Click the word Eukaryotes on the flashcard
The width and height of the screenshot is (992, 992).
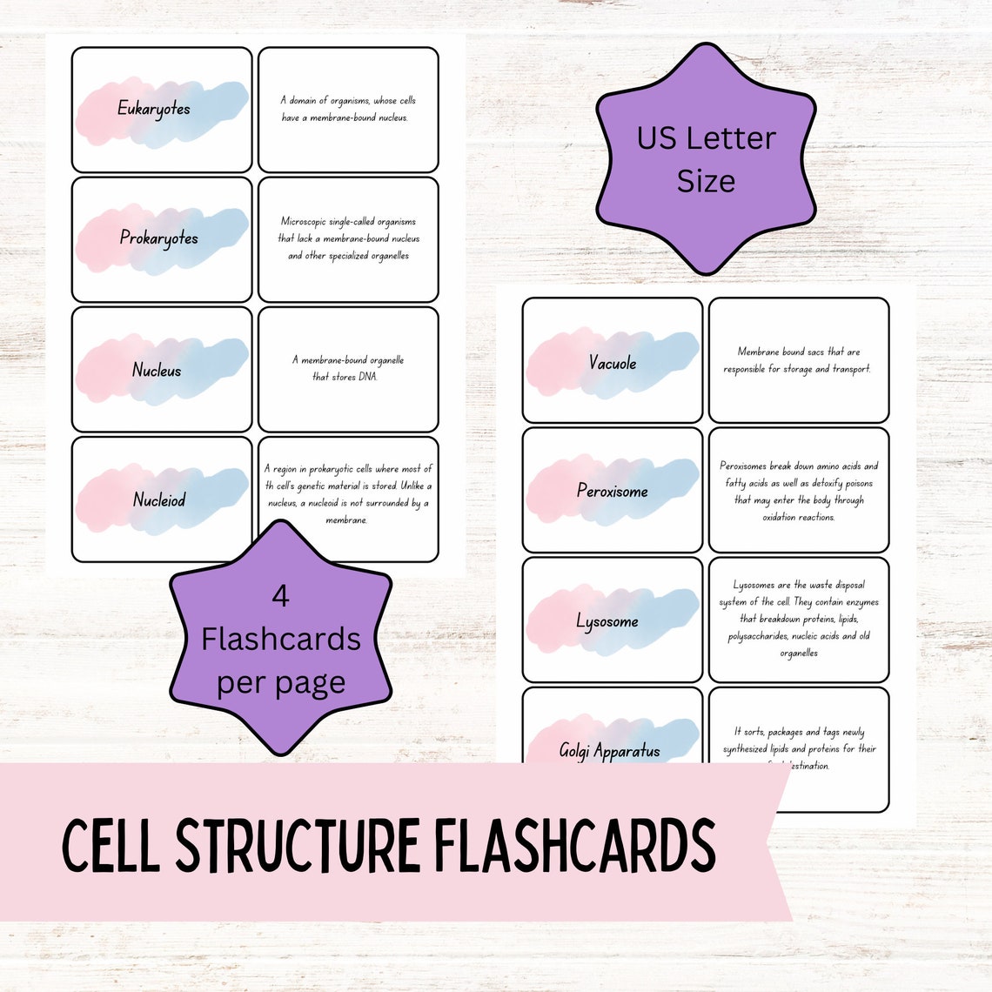(154, 110)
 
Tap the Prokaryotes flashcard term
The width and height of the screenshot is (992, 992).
(159, 238)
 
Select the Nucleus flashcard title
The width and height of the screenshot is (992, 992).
(157, 370)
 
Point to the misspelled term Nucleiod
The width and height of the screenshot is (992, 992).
(159, 499)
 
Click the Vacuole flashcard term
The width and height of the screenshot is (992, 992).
(613, 363)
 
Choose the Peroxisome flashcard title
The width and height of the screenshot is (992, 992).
(613, 492)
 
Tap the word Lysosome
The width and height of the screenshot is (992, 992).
(607, 621)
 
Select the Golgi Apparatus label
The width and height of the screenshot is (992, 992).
(609, 750)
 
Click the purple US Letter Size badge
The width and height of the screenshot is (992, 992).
(706, 159)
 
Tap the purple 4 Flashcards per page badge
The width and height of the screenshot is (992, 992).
(280, 640)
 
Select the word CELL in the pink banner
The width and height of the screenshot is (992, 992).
(111, 847)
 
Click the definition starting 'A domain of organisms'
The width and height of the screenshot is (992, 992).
(348, 109)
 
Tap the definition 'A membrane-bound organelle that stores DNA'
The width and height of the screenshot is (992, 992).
(348, 368)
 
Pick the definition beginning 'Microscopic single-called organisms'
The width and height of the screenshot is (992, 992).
(348, 238)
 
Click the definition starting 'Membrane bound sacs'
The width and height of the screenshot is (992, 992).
(798, 360)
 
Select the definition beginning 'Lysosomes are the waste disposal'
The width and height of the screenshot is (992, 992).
(798, 619)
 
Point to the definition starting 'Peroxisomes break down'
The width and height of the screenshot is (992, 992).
(798, 492)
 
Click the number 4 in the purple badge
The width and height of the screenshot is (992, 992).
(280, 597)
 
